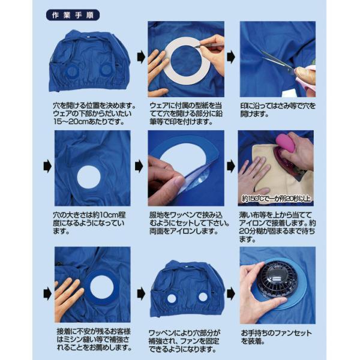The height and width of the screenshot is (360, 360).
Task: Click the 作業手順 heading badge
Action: [73, 15]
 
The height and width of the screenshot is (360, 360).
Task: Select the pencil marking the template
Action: [209, 45]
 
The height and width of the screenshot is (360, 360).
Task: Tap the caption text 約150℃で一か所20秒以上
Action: [277, 199]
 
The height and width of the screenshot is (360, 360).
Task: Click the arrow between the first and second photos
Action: [141, 57]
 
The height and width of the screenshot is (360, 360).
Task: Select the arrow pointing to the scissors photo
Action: [231, 57]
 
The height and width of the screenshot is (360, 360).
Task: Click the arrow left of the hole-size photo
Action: [47, 166]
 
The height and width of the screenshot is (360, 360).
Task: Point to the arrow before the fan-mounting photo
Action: [231, 294]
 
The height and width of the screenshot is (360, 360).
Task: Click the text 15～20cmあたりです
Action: [89, 122]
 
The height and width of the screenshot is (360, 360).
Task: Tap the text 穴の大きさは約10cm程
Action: [89, 215]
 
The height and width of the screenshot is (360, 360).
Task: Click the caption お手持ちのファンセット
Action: [276, 333]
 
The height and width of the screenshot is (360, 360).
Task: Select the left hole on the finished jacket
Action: [171, 298]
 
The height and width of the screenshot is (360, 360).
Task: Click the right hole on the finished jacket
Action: [203, 296]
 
